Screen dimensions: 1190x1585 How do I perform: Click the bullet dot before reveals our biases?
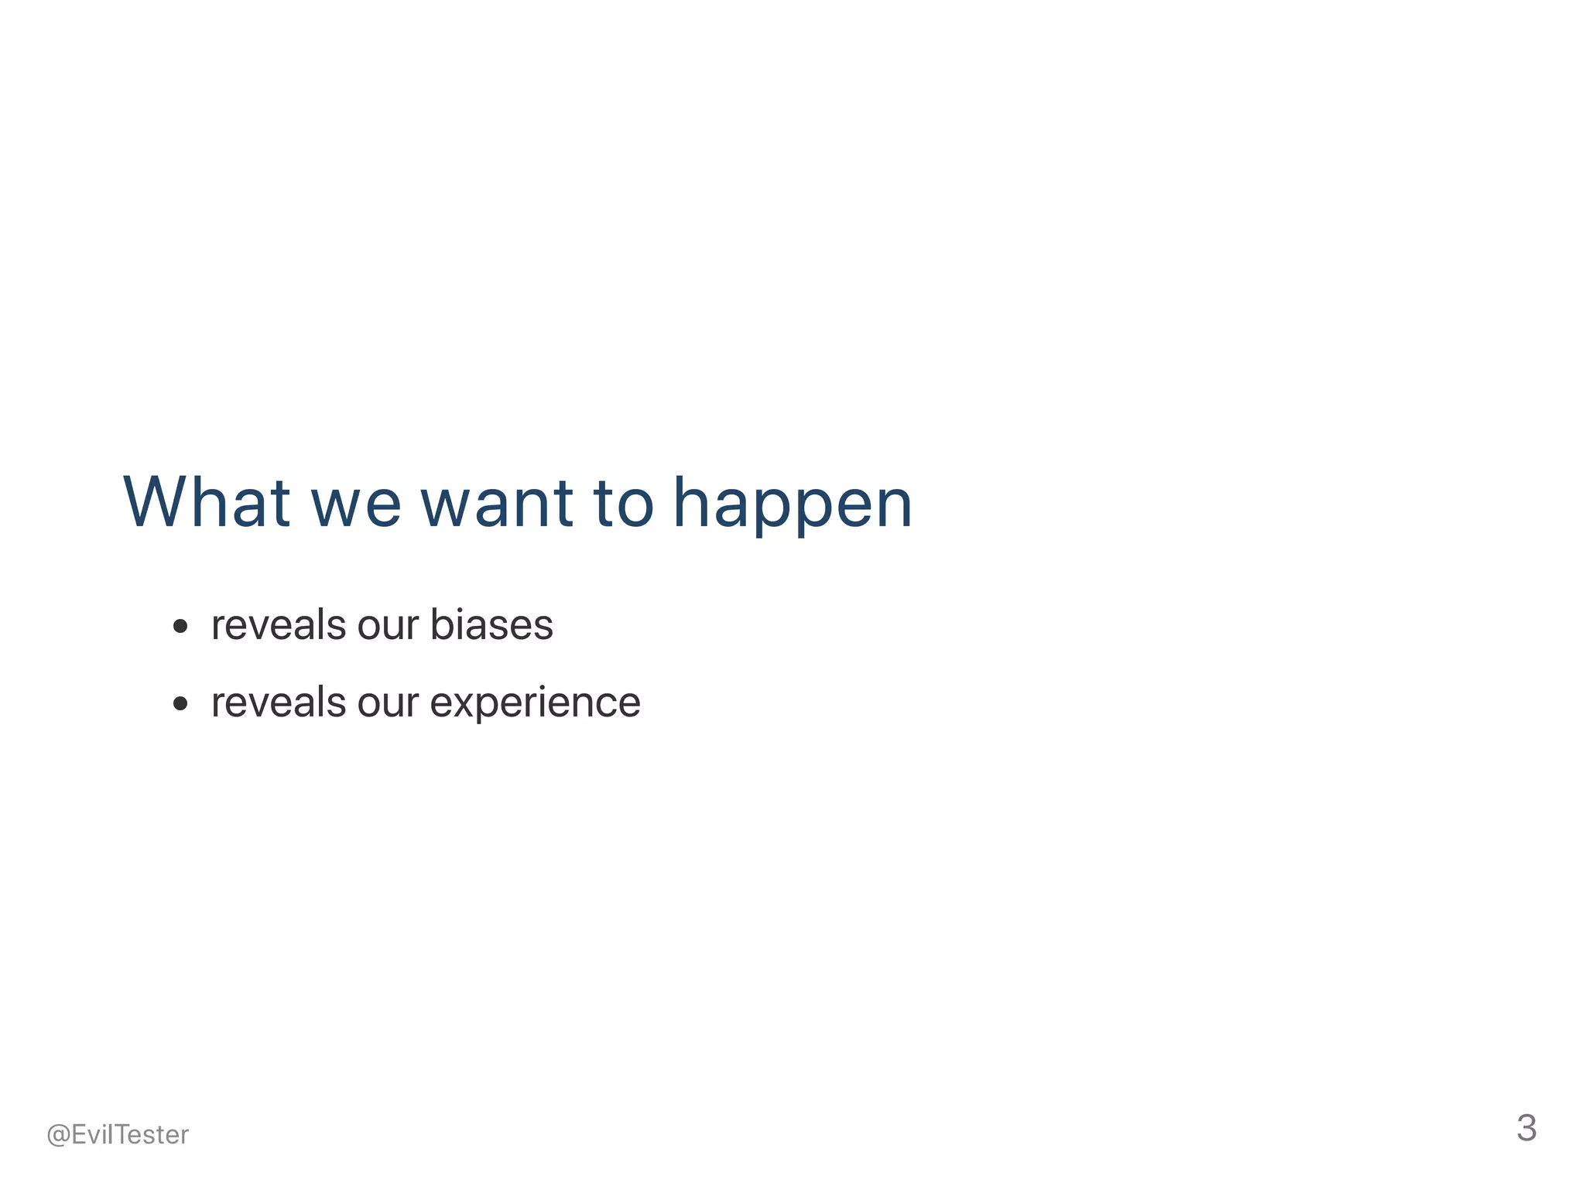(180, 626)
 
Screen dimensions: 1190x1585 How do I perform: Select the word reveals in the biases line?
(279, 624)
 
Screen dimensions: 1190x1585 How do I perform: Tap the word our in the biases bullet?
(388, 626)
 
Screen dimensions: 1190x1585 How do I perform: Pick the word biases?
(491, 624)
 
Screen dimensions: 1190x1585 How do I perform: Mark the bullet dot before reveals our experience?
(180, 703)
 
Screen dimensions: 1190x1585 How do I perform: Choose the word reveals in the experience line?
(279, 702)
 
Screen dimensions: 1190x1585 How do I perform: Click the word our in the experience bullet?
(388, 703)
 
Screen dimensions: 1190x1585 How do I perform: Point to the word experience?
(535, 703)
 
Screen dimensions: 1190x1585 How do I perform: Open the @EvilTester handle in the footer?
(118, 1134)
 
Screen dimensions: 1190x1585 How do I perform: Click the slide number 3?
(1526, 1128)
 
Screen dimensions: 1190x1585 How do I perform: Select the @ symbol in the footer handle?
(58, 1135)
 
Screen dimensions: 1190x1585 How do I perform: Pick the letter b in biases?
(441, 624)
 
